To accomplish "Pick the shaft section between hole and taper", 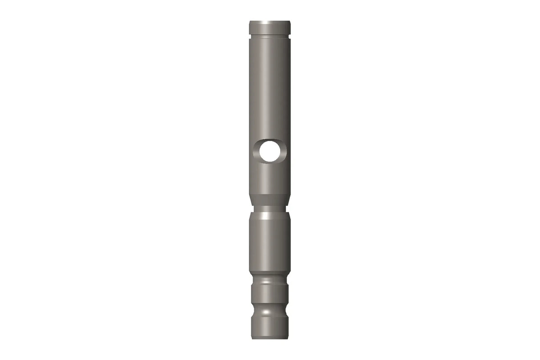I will coord(270,178).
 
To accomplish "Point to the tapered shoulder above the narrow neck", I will coord(270,200).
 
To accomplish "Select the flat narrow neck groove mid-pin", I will coord(270,208).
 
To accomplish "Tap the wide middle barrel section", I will coord(270,243).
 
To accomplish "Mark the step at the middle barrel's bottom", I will coord(270,272).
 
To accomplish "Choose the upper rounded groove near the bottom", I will coord(270,281).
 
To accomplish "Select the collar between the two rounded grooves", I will coord(270,294).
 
